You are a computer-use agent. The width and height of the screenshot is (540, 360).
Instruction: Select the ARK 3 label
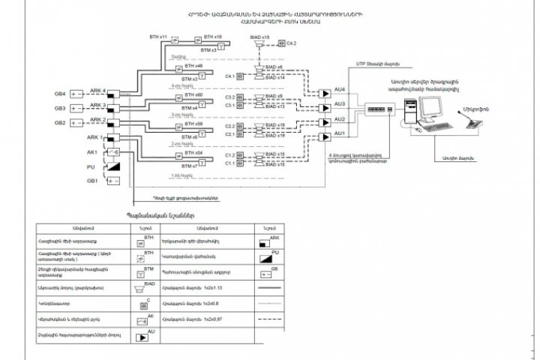click(x=98, y=105)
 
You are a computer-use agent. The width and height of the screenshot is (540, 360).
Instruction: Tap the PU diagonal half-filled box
click(x=112, y=166)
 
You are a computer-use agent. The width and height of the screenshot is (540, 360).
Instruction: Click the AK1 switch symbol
click(x=112, y=151)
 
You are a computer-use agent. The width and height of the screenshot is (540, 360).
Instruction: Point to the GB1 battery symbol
click(x=112, y=181)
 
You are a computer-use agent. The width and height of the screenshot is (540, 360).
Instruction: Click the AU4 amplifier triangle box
click(x=324, y=93)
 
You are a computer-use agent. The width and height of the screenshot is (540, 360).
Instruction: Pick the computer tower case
click(x=408, y=113)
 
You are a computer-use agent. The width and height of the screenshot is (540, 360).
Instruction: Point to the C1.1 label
click(x=230, y=162)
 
